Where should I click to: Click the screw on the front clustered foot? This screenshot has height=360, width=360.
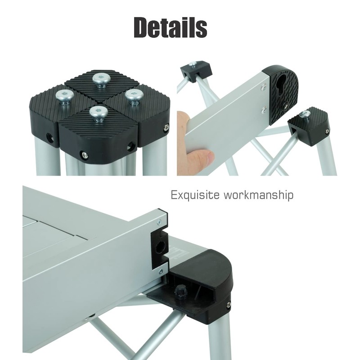tap(84, 155)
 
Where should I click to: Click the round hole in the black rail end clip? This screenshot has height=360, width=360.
tap(161, 246)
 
